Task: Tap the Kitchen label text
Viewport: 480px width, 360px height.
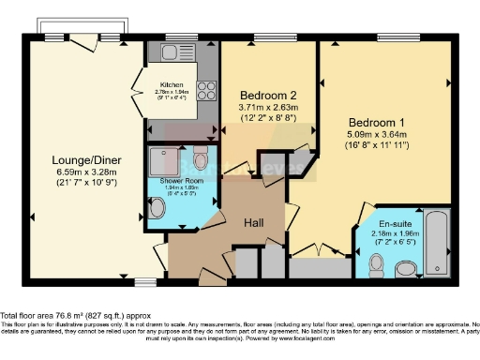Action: click(x=172, y=83)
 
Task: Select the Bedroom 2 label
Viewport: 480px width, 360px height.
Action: click(x=267, y=96)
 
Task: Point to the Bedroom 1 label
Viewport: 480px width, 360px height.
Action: click(x=377, y=123)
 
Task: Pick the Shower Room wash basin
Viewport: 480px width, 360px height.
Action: click(x=157, y=207)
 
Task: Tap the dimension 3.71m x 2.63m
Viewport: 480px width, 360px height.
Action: click(x=267, y=109)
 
